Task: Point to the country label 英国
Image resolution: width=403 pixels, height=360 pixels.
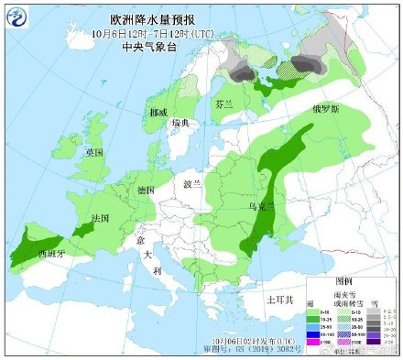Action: click(94, 151)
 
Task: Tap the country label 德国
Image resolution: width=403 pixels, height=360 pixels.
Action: click(145, 190)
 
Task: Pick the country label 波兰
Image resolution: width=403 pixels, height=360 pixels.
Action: click(191, 183)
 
